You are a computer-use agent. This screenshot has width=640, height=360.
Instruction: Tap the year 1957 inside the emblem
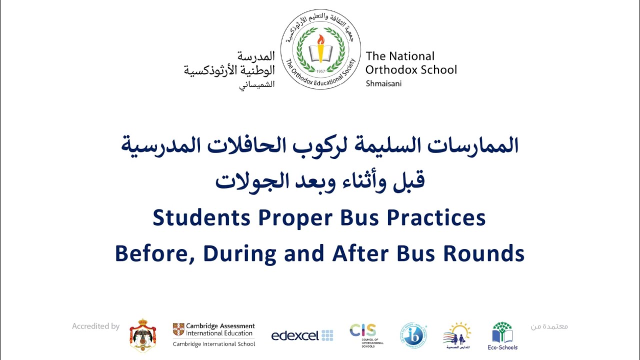[x=320, y=71]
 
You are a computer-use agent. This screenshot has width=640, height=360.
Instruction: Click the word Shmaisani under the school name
[x=383, y=83]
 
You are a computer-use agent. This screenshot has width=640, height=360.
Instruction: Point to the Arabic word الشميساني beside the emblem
[x=256, y=84]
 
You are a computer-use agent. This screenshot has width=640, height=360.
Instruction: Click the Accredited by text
[x=95, y=326]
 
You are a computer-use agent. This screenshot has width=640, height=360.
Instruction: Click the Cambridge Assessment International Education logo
[x=214, y=334]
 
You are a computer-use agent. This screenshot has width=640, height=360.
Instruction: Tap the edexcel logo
[x=302, y=335]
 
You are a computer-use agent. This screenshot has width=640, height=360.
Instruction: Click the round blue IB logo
[x=413, y=335]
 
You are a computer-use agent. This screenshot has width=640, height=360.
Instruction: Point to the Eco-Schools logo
[x=502, y=335]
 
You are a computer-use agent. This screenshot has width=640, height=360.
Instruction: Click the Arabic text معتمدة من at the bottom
[x=549, y=326]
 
